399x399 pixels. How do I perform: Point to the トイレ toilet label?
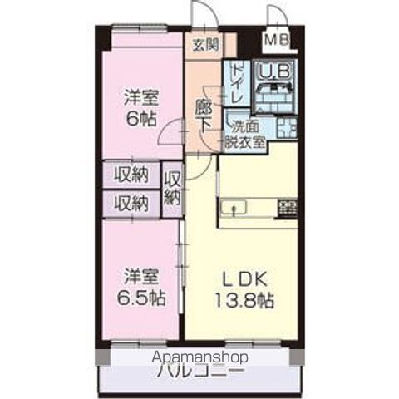pyautogui.click(x=236, y=83)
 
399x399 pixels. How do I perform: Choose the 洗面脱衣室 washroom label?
pyautogui.click(x=246, y=135)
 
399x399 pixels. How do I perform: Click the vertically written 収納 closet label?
pyautogui.click(x=173, y=189)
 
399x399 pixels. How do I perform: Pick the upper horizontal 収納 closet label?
pyautogui.click(x=131, y=175)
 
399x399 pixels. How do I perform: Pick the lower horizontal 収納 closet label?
pyautogui.click(x=131, y=202)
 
